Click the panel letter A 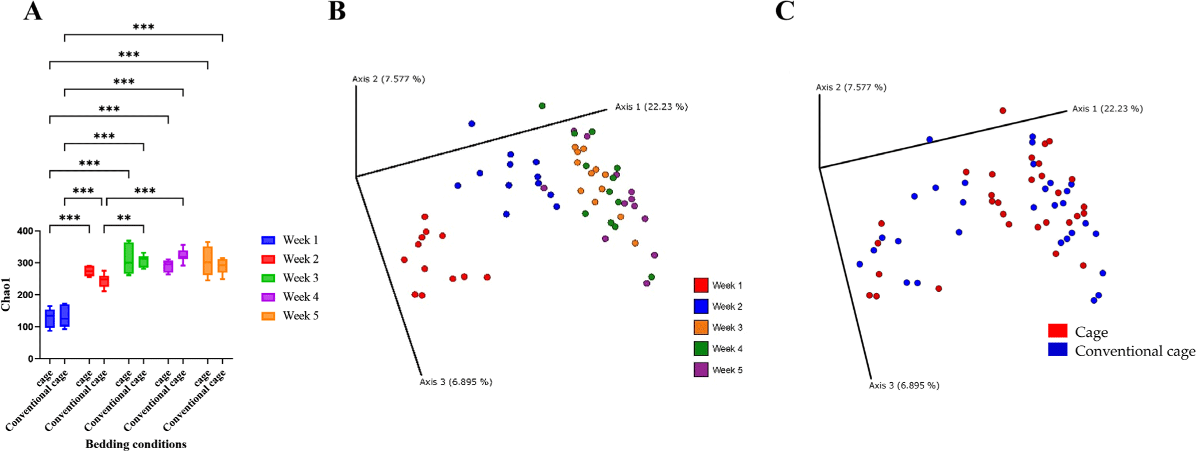pos(33,11)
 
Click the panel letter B pos(337,11)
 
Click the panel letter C pos(784,11)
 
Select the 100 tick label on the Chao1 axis pos(25,327)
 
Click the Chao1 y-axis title pos(6,294)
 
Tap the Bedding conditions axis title pos(136,444)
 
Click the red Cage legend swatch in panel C pos(1057,331)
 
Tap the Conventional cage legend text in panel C pos(1135,351)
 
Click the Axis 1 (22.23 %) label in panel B pos(651,107)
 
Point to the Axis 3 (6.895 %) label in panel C pos(904,386)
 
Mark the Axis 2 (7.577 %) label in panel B pos(389,79)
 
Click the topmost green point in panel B pos(542,106)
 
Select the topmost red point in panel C pos(1003,110)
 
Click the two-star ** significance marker pos(124,218)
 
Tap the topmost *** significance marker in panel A pos(144,27)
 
